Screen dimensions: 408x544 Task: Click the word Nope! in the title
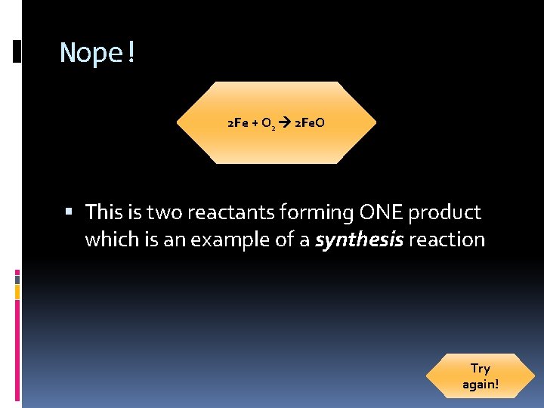click(97, 53)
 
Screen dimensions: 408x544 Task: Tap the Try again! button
click(481, 376)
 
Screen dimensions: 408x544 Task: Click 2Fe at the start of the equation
click(237, 122)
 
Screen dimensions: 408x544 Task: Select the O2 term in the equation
click(268, 123)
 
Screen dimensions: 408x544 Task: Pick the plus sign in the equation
click(254, 122)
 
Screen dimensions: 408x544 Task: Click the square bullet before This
click(69, 213)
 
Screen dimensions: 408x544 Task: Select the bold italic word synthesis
click(359, 240)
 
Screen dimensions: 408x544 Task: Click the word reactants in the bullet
click(232, 213)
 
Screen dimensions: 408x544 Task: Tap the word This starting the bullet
click(107, 213)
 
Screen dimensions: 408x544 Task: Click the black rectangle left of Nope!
click(17, 51)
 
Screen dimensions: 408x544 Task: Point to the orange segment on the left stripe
click(17, 292)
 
